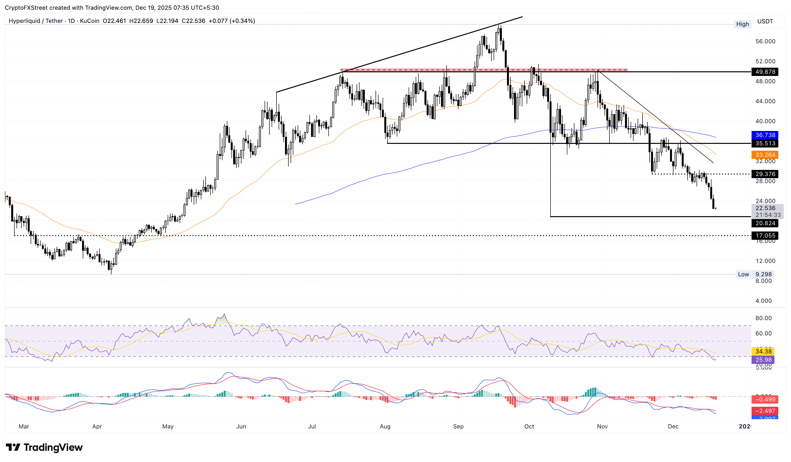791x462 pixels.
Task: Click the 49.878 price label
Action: (x=765, y=72)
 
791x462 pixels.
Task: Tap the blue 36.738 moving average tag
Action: (x=765, y=135)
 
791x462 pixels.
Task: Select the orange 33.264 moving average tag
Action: (x=765, y=155)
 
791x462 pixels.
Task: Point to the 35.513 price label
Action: (x=765, y=143)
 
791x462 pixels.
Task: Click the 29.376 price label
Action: (x=765, y=174)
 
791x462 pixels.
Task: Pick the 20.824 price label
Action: (x=765, y=223)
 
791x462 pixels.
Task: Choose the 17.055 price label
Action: (x=765, y=235)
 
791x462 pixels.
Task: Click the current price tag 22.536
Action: (x=765, y=208)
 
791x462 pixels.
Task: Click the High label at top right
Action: (x=742, y=24)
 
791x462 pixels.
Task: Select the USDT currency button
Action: (x=765, y=21)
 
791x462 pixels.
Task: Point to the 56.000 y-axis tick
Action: (x=765, y=41)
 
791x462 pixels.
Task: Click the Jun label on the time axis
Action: (x=241, y=426)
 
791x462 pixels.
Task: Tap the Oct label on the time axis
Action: (x=529, y=426)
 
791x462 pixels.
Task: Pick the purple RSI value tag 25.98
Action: (x=763, y=360)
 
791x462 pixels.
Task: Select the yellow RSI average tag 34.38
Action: (x=763, y=351)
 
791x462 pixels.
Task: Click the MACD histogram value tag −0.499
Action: (x=765, y=399)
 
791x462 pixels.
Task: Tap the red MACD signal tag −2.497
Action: (x=765, y=411)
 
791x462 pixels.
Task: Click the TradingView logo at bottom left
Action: (x=44, y=447)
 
